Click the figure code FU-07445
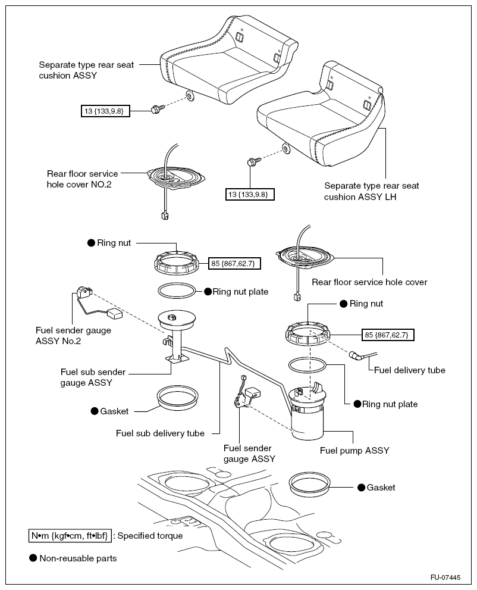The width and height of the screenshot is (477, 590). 445,578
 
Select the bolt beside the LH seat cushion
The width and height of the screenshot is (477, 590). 251,161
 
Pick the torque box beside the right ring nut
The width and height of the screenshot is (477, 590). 388,335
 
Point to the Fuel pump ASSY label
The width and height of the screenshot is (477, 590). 354,451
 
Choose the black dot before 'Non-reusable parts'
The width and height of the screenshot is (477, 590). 33,558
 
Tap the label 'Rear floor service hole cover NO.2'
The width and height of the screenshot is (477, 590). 82,179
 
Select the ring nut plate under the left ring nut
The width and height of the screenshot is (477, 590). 177,291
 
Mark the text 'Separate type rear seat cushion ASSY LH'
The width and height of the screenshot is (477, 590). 371,191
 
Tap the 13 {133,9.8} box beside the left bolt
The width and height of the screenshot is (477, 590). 105,110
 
